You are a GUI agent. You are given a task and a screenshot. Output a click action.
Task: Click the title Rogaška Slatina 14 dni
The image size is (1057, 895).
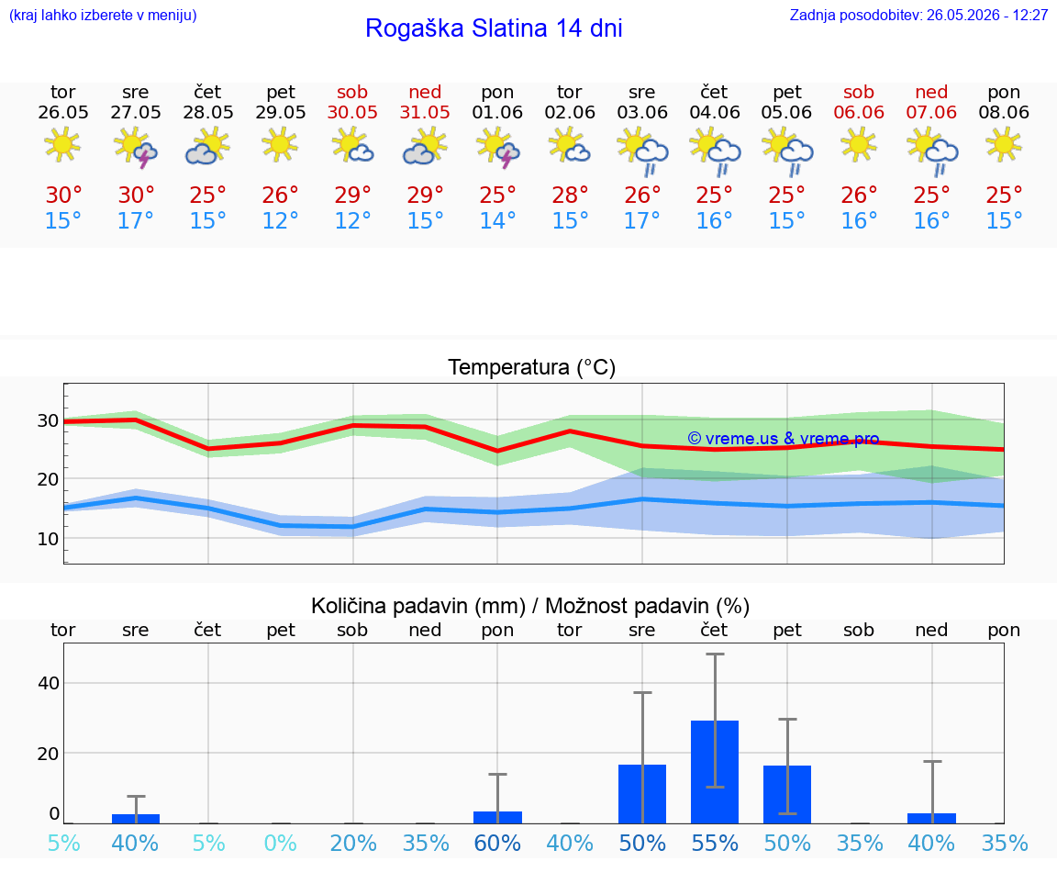tap(494, 28)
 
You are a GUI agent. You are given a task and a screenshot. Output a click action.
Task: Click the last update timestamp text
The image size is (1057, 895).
tap(918, 15)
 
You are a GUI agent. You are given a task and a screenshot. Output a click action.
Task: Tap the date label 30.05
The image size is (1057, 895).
tap(352, 113)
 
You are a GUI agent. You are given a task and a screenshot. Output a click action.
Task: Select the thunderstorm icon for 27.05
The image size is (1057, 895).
tap(136, 146)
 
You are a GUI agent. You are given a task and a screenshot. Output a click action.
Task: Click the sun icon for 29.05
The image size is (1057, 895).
tap(280, 144)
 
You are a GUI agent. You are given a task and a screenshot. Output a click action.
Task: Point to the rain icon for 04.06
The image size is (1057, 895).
tap(715, 151)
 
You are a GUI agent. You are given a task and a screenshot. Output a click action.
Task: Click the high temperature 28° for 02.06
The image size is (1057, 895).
tap(570, 195)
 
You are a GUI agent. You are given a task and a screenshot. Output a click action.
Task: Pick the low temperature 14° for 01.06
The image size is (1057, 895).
tap(497, 220)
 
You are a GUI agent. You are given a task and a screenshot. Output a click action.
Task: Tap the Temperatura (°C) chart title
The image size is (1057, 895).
tap(532, 367)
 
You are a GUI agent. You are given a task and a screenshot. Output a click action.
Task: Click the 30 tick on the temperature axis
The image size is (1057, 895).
tap(48, 420)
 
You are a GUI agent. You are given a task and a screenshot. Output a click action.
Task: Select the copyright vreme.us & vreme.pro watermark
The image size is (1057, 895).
tap(784, 439)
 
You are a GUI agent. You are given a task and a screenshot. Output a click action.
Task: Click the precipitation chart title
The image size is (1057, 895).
tap(530, 606)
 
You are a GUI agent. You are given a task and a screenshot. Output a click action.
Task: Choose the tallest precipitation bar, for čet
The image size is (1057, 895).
tap(715, 772)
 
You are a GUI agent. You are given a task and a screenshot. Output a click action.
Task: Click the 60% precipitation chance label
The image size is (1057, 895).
tap(497, 843)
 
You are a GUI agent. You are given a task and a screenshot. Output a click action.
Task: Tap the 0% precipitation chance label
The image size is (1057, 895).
tap(281, 843)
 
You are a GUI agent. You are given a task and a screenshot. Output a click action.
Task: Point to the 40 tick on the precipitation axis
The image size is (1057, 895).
tap(49, 683)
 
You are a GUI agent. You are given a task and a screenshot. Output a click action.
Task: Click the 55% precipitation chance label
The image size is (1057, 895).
tap(715, 843)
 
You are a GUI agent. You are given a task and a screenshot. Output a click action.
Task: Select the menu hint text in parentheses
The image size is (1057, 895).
tap(103, 15)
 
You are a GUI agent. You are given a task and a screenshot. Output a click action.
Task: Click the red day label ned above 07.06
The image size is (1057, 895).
tap(931, 92)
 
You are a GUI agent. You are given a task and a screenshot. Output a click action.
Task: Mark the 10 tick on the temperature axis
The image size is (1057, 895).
tap(48, 539)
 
